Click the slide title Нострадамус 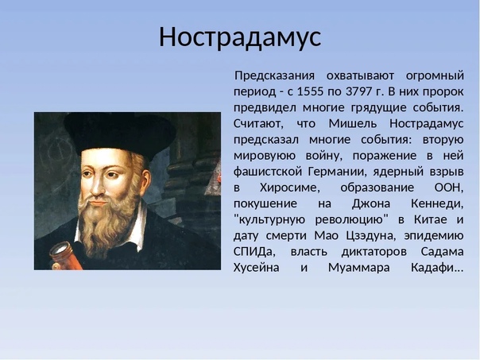click(x=240, y=37)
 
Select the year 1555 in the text click(x=310, y=91)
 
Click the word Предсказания click(x=275, y=76)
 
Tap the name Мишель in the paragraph click(x=353, y=123)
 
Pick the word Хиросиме click(x=289, y=188)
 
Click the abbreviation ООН click(x=448, y=188)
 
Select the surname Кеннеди click(x=437, y=203)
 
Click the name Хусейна click(x=256, y=268)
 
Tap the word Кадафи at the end click(x=436, y=268)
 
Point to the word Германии click(x=337, y=172)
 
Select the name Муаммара click(x=359, y=268)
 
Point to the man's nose click(x=98, y=187)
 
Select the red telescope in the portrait click(x=65, y=256)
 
